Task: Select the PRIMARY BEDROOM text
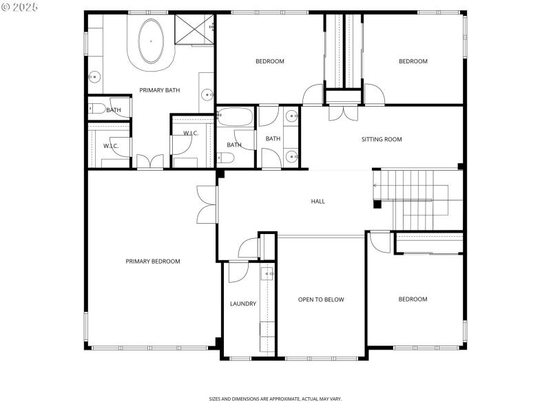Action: click(152, 261)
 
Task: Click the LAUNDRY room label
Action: click(242, 304)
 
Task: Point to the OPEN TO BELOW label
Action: click(320, 299)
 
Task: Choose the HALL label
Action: click(318, 201)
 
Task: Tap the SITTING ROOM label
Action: click(381, 139)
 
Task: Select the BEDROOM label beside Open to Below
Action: click(413, 299)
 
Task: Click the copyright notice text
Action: click(21, 7)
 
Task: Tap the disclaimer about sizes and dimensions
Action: click(275, 399)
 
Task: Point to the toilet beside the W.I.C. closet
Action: click(96, 108)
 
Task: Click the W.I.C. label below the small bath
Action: click(111, 146)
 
